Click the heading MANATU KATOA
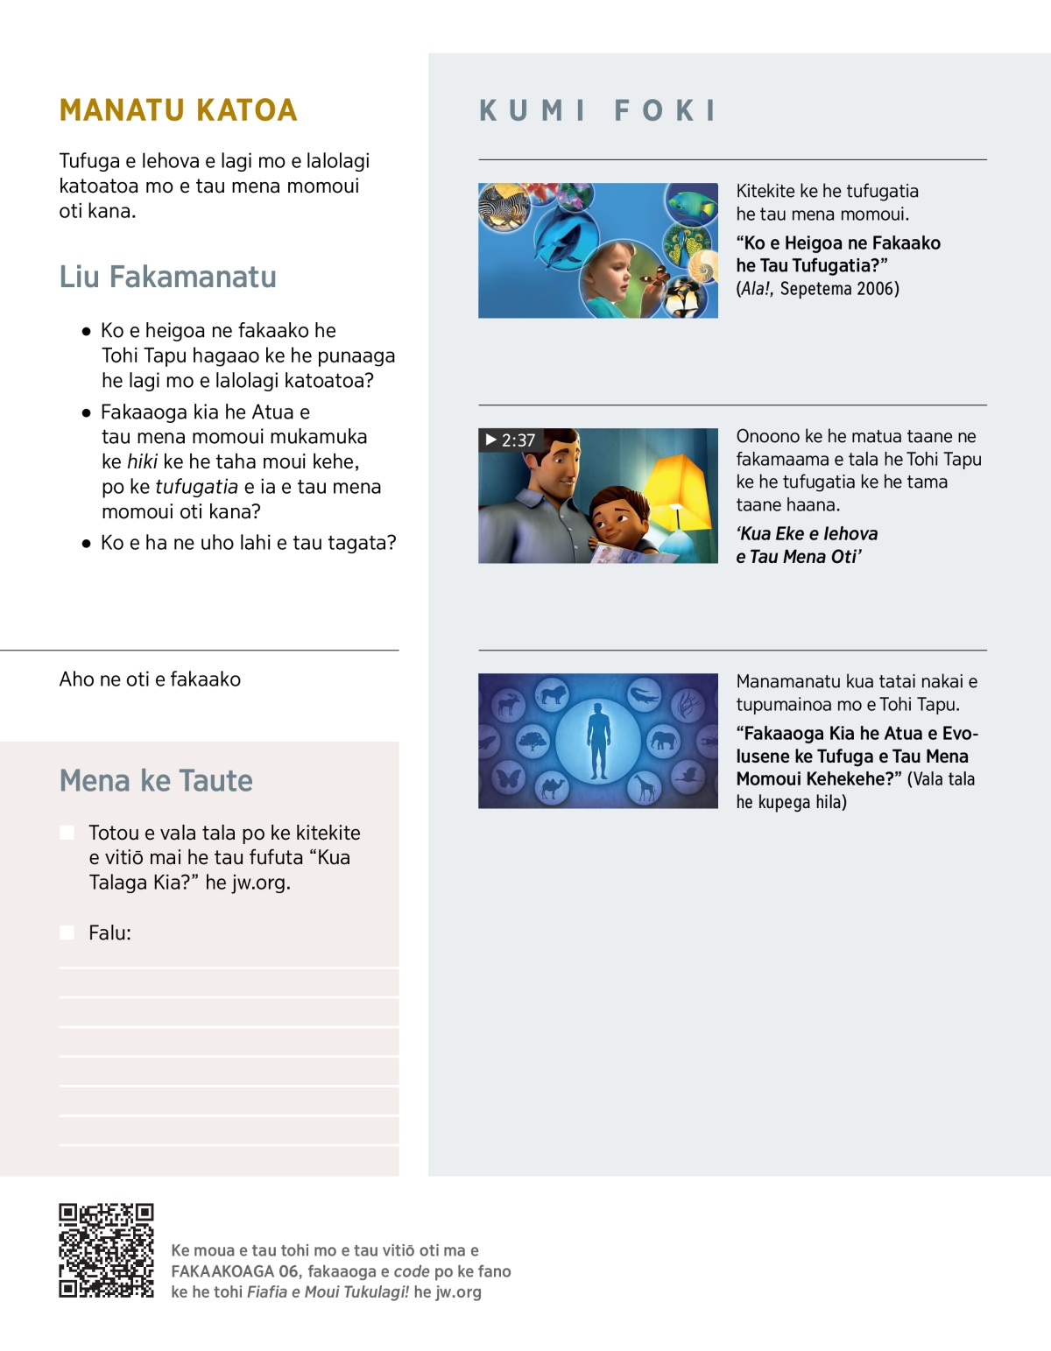[178, 110]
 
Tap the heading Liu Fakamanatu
[167, 277]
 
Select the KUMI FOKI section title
[598, 110]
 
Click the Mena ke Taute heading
[156, 780]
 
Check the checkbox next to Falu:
[67, 932]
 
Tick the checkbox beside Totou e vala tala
[67, 832]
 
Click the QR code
[106, 1250]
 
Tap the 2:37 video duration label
[511, 440]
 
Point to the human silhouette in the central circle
[598, 741]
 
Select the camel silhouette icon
[552, 788]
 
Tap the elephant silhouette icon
[664, 741]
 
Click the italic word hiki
[142, 461]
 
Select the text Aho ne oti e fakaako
[150, 679]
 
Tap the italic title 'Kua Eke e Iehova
[807, 533]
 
